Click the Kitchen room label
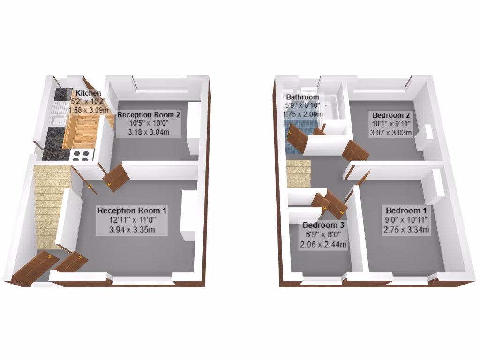point(88,93)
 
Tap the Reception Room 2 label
point(149,115)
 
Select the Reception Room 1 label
point(132,210)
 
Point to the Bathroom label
point(302,97)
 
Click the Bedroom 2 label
point(391,115)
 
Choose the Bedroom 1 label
point(406,210)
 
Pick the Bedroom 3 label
point(323,225)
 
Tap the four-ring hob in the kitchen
point(82,155)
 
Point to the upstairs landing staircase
point(299,173)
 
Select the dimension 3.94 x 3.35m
point(132,229)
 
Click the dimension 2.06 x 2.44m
point(323,244)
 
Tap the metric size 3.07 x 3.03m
point(391,133)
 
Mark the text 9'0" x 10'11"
point(406,219)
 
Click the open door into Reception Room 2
point(116,177)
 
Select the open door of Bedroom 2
point(356,150)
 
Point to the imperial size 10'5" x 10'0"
point(149,123)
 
